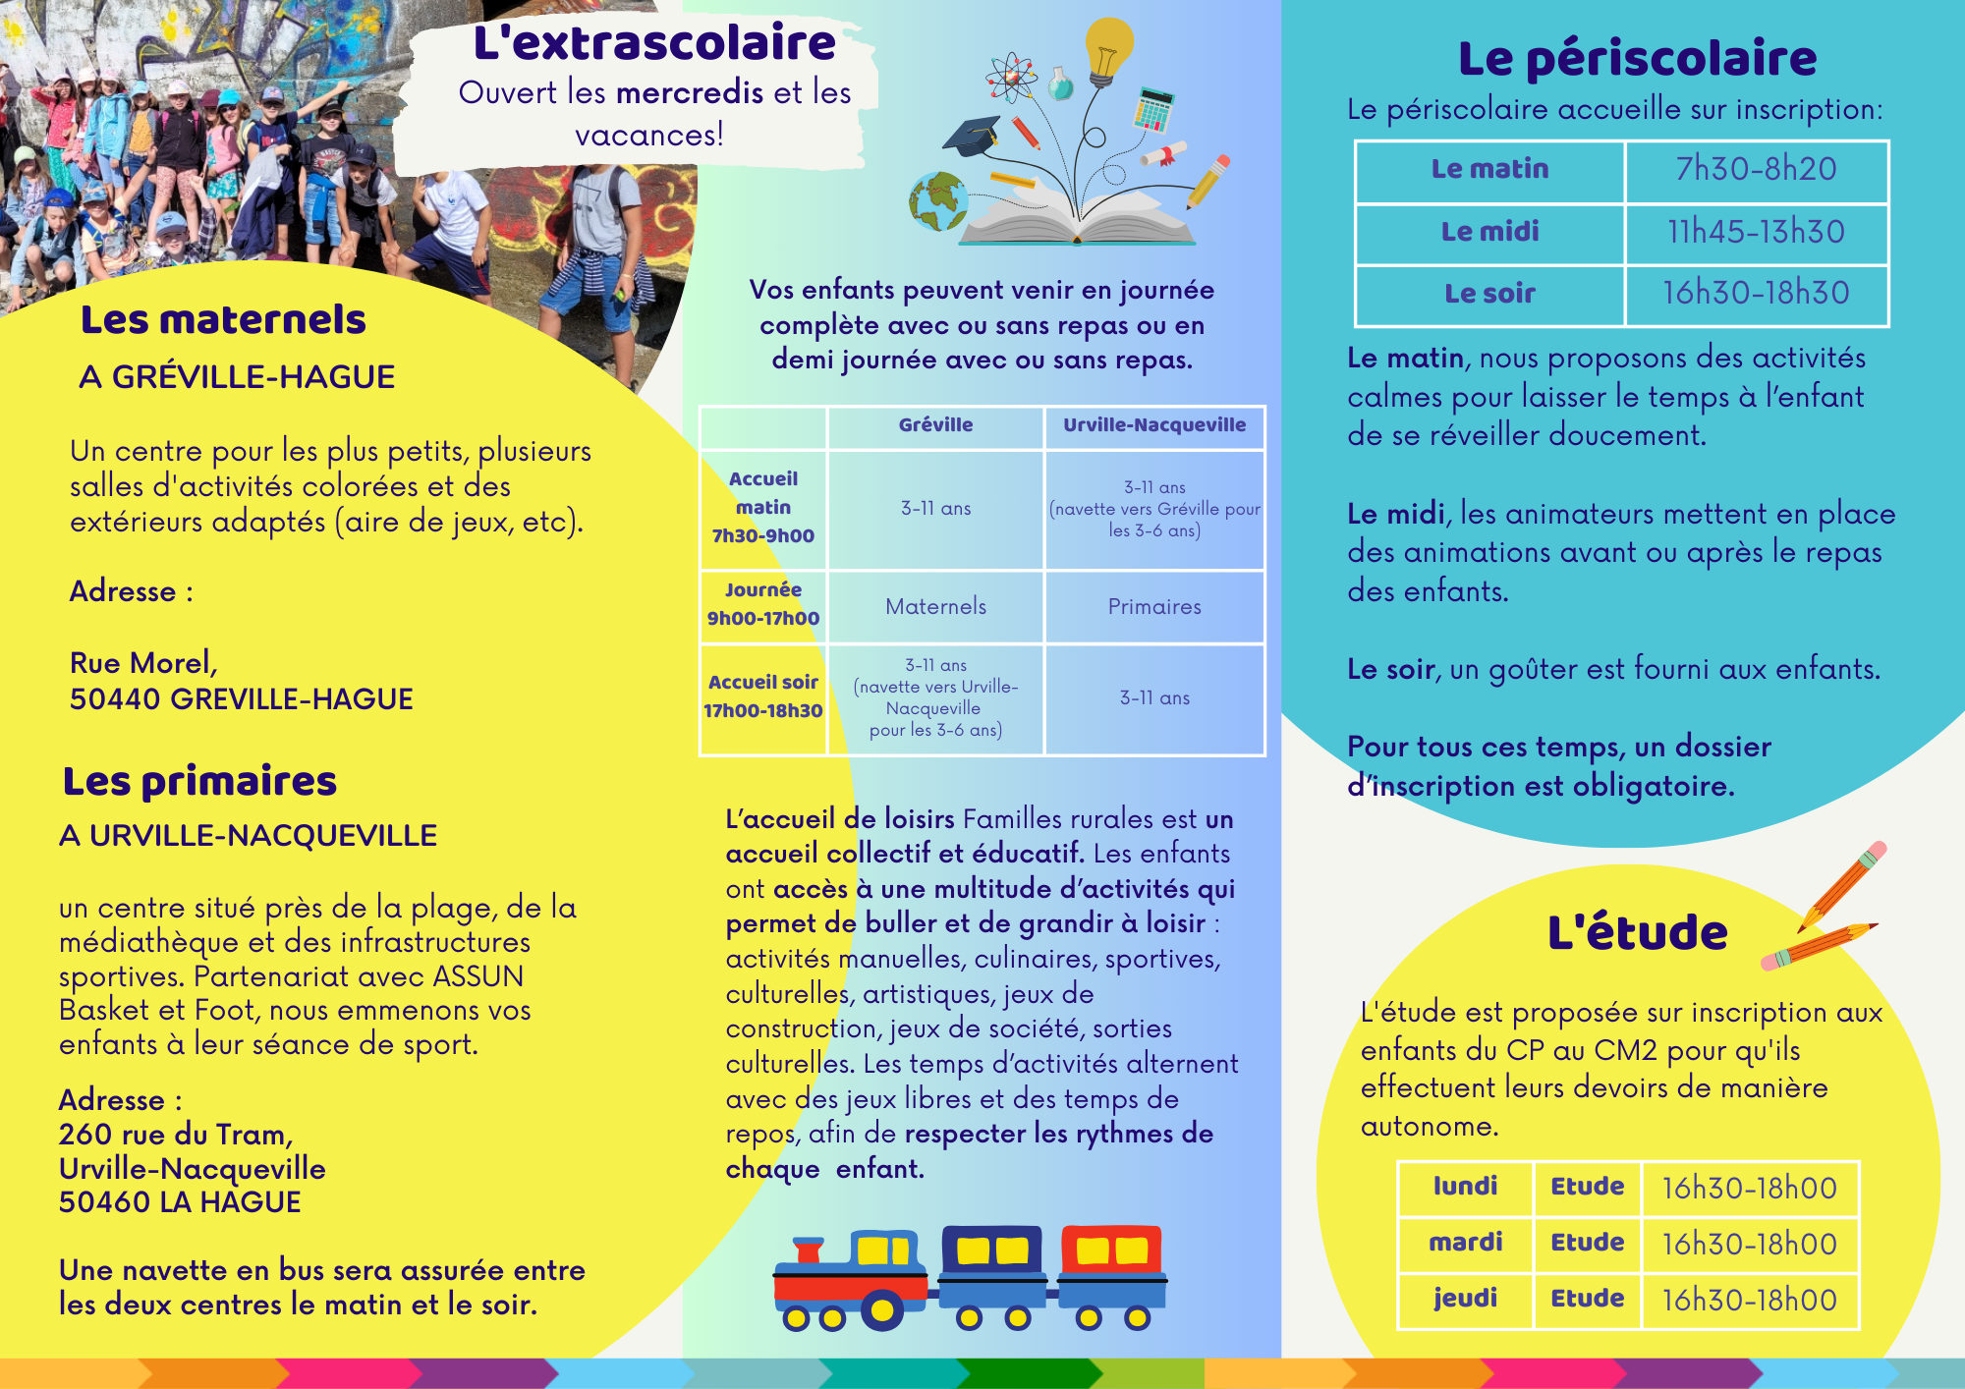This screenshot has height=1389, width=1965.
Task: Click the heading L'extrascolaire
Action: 654,43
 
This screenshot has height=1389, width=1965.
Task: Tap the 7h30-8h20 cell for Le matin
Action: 1756,169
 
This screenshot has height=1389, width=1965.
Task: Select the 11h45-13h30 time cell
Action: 1756,232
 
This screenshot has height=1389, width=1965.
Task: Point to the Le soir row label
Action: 1489,294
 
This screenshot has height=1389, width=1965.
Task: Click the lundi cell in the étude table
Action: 1465,1187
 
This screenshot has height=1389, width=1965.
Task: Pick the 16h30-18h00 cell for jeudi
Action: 1749,1300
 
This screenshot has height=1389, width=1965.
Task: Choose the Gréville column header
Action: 935,425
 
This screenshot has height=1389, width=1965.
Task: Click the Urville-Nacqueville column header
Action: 1154,425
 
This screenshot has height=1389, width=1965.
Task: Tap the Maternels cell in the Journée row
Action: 935,607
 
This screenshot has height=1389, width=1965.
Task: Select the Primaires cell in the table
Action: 1154,607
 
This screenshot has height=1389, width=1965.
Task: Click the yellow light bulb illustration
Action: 1108,49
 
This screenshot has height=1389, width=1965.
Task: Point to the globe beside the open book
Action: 938,200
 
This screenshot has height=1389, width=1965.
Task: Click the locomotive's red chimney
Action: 809,1250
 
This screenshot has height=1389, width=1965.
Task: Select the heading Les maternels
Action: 223,320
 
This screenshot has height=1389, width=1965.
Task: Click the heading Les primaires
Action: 199,782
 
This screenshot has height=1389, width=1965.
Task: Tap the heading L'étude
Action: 1637,933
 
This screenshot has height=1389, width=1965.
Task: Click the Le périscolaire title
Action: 1637,59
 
